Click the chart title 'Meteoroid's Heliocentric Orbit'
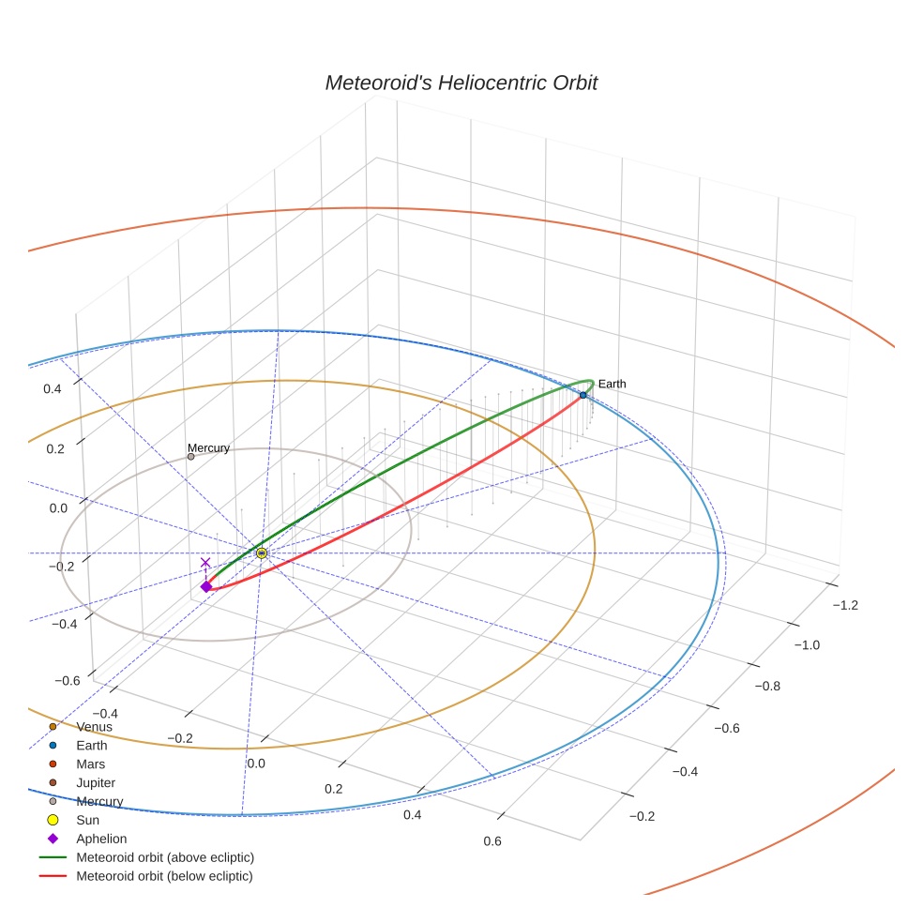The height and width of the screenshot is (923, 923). pos(461,83)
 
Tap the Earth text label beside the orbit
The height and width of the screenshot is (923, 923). pos(612,384)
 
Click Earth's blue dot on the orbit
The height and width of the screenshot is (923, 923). pos(583,395)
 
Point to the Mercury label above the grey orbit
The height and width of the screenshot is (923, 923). pos(208,448)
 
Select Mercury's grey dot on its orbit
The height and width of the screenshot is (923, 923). pos(190,457)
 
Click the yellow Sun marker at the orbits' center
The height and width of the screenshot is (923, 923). pos(262,553)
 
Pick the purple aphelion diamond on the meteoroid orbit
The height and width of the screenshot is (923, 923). pos(206,587)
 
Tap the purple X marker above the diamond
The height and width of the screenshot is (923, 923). pos(206,563)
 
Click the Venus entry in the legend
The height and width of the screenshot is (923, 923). pos(94,727)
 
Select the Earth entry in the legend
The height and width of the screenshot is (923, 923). pos(92,746)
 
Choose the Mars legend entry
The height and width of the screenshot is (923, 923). pos(90,764)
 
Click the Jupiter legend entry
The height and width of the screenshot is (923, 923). pos(96,782)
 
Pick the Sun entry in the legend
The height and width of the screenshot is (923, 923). pos(88,820)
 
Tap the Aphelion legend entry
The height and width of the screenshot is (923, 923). pos(101,839)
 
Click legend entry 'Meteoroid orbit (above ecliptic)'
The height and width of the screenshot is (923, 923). pos(165,857)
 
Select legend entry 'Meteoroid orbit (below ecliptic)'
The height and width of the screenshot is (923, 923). pos(164,876)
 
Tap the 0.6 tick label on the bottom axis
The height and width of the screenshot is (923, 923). pos(492,840)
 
